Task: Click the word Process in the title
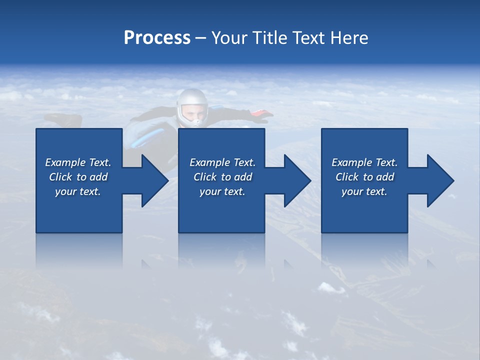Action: click(x=157, y=38)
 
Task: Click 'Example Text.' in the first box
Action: click(x=78, y=162)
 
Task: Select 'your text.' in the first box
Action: click(x=78, y=191)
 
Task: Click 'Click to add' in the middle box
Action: click(x=222, y=177)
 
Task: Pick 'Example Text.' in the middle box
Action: click(x=222, y=162)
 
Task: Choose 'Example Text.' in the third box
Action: click(x=364, y=162)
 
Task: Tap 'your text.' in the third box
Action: click(x=364, y=191)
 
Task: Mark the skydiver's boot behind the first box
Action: click(x=65, y=120)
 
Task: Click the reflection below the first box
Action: click(x=79, y=250)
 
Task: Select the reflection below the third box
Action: click(x=364, y=250)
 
